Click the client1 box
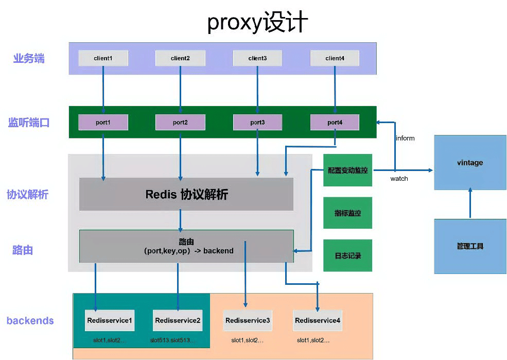tap(103, 58)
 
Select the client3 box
tap(257, 58)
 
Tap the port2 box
tap(180, 122)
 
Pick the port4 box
tap(335, 122)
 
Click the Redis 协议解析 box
tap(186, 194)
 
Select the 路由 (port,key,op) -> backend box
tap(186, 246)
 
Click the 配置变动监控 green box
tap(348, 170)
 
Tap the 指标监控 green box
tap(348, 213)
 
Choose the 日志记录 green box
tap(348, 255)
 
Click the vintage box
tap(470, 163)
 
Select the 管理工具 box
tap(470, 246)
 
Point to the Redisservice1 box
tap(110, 320)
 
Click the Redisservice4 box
tap(318, 320)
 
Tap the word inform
tap(405, 138)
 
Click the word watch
tap(399, 179)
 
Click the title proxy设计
tap(257, 23)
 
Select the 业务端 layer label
tap(29, 58)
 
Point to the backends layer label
tap(30, 320)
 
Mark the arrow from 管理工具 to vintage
tap(470, 203)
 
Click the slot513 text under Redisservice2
tap(172, 340)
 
